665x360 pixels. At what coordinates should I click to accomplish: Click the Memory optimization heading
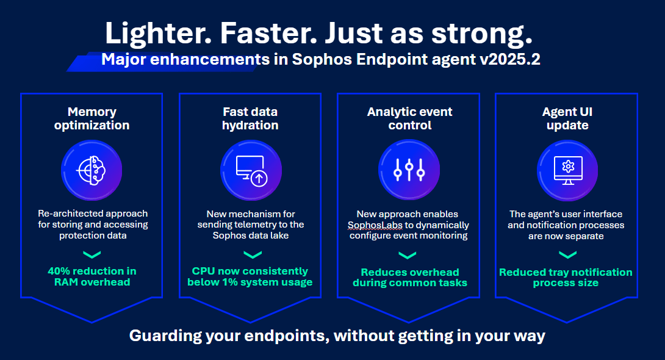coord(92,118)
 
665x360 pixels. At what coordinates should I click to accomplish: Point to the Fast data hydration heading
coord(250,118)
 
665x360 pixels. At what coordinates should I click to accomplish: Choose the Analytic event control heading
coord(409,118)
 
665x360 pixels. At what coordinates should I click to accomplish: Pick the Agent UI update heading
coord(567,118)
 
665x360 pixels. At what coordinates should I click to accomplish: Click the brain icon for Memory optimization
coord(92,170)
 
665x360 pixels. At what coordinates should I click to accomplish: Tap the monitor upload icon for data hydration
coord(250,170)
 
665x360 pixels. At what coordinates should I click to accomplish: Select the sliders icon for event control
coord(409,170)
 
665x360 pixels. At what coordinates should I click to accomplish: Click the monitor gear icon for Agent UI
coord(567,170)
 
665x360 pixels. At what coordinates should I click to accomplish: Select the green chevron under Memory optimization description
coord(92,254)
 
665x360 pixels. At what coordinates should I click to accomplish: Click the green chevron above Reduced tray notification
coord(566,256)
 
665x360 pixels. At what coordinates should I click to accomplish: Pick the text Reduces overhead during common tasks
coord(409,278)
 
